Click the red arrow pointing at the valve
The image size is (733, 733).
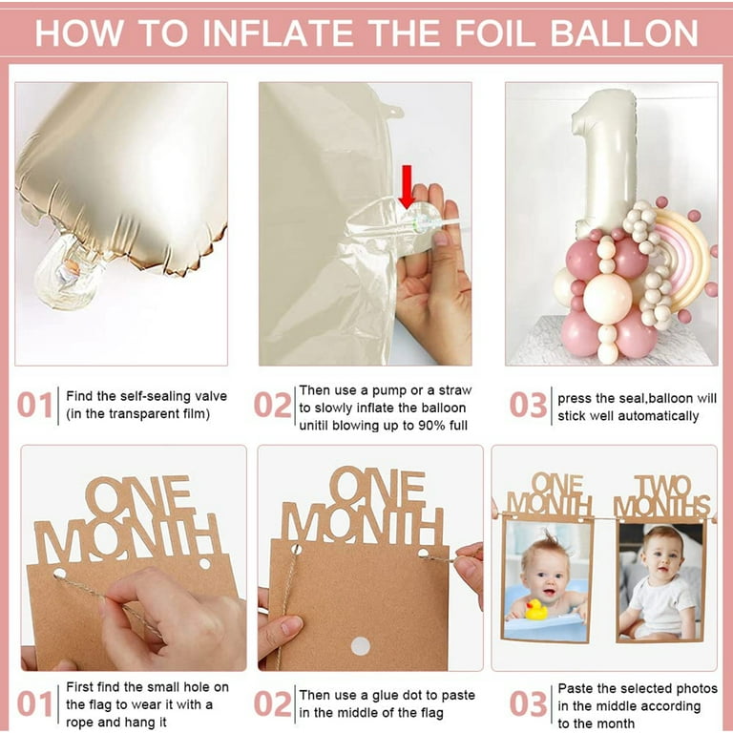(x=407, y=186)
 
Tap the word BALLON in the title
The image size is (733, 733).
(x=624, y=33)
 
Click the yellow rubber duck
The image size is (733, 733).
(x=536, y=610)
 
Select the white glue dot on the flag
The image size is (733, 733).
(x=361, y=646)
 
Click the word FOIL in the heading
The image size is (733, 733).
(x=494, y=33)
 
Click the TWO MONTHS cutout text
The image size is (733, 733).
(x=662, y=496)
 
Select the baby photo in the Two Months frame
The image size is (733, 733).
(x=660, y=581)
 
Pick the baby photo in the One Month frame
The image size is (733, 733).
(x=547, y=581)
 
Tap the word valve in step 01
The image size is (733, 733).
(x=211, y=396)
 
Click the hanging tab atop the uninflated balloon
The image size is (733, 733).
(x=393, y=113)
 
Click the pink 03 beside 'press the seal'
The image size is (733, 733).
(x=528, y=405)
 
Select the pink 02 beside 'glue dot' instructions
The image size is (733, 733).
(x=273, y=703)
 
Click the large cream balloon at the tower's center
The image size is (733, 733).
(x=607, y=298)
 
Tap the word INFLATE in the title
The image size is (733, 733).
(x=278, y=33)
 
